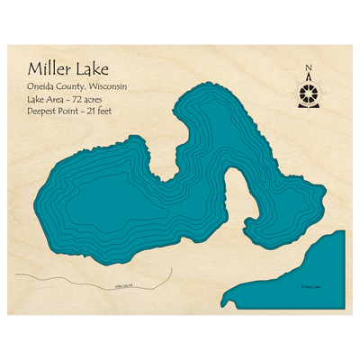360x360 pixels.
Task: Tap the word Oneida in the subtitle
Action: click(41, 85)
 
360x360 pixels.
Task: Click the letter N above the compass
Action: click(309, 67)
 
